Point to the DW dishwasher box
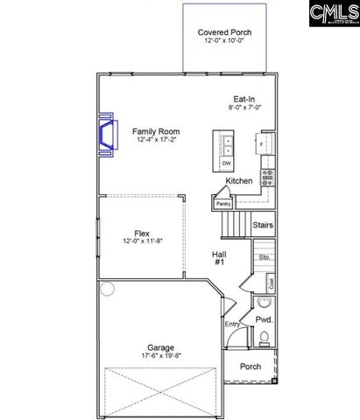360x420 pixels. click(x=226, y=164)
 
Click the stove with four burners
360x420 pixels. click(x=266, y=172)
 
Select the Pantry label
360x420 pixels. click(x=222, y=203)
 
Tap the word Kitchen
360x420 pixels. click(x=239, y=181)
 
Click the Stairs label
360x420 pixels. click(x=262, y=226)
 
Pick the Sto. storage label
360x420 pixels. click(x=263, y=258)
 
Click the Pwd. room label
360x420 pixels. click(x=263, y=320)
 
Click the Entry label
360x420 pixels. click(x=232, y=325)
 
